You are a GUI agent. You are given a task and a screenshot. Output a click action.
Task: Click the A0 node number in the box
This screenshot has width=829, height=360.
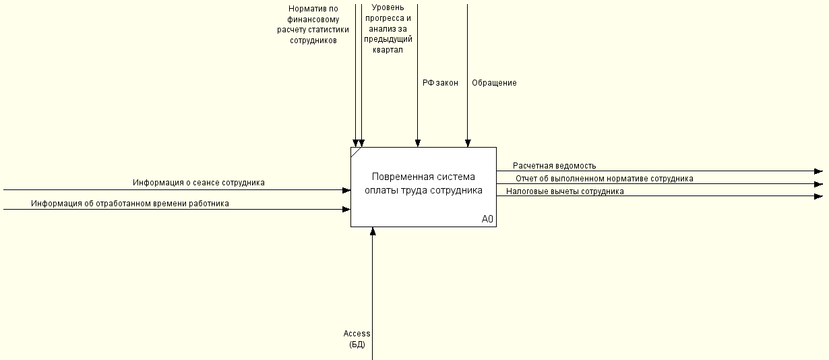(x=487, y=219)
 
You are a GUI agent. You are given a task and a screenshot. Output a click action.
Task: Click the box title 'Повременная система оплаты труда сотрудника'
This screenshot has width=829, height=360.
(x=423, y=183)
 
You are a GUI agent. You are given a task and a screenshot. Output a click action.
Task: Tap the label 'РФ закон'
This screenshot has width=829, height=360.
(x=440, y=83)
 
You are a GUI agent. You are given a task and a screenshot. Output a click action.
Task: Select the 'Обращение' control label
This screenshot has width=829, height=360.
(x=494, y=83)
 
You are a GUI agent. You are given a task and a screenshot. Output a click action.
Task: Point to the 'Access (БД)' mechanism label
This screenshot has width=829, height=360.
(x=357, y=339)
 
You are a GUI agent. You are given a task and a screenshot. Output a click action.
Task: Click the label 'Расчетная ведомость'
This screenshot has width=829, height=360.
(x=555, y=166)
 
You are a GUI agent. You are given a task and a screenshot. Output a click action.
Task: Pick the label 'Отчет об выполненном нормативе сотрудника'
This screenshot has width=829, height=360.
(x=605, y=179)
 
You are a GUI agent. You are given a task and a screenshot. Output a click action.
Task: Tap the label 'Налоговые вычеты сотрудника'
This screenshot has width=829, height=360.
(x=565, y=191)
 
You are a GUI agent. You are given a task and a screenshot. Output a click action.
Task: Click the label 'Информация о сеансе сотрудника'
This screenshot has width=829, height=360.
(x=199, y=183)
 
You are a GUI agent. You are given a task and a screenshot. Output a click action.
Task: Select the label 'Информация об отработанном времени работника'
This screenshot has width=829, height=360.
(x=130, y=204)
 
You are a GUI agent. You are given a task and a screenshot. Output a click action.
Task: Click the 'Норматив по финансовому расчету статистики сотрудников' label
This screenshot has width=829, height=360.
(x=313, y=24)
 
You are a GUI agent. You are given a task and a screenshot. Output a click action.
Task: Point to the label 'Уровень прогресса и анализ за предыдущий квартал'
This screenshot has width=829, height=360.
(x=388, y=28)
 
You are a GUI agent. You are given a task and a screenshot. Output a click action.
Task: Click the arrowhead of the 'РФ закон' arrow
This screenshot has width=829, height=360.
(x=417, y=144)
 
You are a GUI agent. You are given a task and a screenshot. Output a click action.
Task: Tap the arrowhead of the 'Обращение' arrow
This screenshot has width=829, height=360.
(x=468, y=144)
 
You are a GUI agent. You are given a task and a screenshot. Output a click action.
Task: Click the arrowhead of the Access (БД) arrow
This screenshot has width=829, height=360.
(x=373, y=231)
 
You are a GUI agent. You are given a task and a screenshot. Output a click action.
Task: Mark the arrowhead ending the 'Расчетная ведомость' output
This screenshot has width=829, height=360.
(x=819, y=171)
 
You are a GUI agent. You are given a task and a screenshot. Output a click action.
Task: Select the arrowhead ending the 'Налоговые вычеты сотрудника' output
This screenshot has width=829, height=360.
(x=819, y=196)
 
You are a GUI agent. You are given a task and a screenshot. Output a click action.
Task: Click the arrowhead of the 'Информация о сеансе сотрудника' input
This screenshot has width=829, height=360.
(x=346, y=190)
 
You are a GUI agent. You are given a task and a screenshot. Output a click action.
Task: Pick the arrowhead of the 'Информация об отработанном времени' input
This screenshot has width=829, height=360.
(x=346, y=210)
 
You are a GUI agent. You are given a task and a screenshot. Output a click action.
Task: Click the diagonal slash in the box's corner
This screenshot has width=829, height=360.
(x=356, y=152)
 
